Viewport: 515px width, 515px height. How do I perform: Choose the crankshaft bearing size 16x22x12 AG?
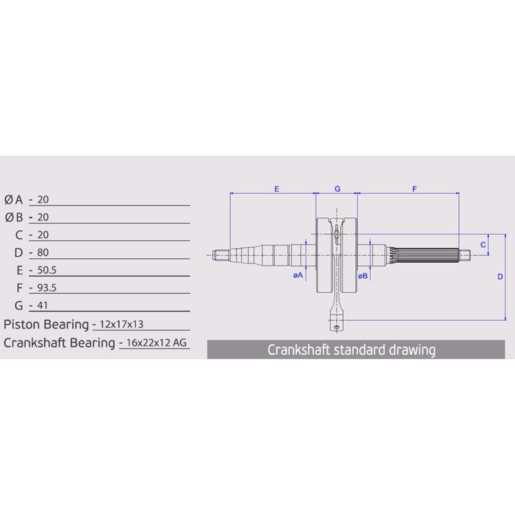click(x=156, y=343)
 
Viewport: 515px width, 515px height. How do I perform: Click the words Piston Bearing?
click(x=45, y=323)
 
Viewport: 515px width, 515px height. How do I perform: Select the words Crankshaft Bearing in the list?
click(x=59, y=342)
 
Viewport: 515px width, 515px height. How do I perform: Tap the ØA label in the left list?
click(x=14, y=200)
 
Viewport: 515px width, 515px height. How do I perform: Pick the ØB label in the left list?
click(x=14, y=218)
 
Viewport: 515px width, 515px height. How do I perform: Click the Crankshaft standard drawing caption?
click(x=351, y=350)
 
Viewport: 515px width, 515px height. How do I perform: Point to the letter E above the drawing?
click(x=276, y=189)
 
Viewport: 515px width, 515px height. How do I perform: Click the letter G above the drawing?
click(x=337, y=189)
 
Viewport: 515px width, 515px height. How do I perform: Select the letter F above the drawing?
click(x=415, y=189)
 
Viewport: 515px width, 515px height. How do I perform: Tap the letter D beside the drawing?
click(x=500, y=277)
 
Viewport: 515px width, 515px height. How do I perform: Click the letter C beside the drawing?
click(x=483, y=245)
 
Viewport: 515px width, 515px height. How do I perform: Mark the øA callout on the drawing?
click(x=298, y=275)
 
